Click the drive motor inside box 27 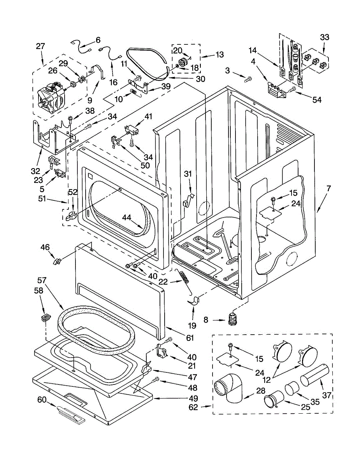52,99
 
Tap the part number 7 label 328,188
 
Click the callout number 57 42,280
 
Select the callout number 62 193,407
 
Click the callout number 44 126,218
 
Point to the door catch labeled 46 57,262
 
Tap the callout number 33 325,37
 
